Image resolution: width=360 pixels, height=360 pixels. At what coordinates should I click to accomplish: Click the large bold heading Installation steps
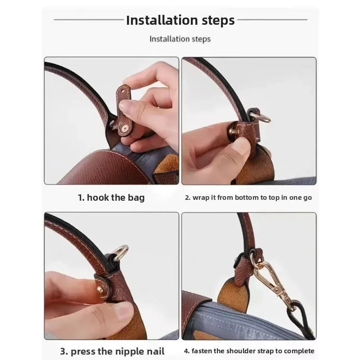(x=180, y=20)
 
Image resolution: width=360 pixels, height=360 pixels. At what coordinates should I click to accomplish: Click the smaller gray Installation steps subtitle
(x=180, y=39)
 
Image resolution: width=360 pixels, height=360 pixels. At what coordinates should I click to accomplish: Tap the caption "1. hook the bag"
(x=111, y=198)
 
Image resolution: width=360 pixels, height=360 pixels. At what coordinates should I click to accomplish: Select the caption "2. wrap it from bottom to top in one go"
(x=248, y=198)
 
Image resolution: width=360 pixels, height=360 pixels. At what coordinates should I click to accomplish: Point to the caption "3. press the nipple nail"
(x=112, y=351)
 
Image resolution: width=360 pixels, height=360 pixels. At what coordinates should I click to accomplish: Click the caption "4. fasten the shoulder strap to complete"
(x=249, y=351)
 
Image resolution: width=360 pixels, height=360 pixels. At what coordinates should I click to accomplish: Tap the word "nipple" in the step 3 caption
(x=129, y=352)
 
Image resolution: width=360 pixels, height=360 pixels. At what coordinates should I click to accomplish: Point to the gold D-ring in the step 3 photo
(x=121, y=252)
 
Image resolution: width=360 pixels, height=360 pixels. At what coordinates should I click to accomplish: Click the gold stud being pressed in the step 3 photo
(x=100, y=289)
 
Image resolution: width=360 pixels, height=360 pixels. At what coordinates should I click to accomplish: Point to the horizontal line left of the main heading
(x=89, y=20)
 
